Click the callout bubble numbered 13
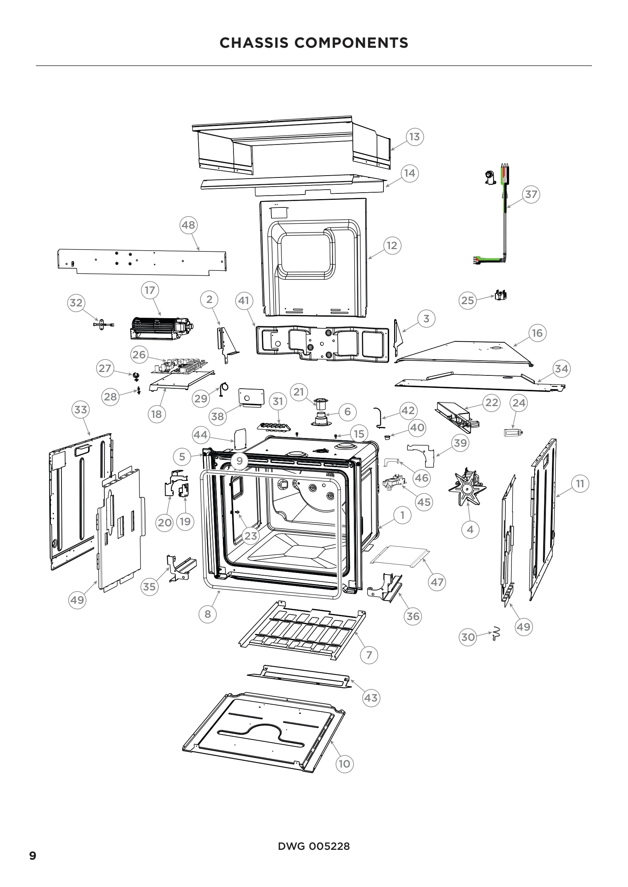pyautogui.click(x=414, y=137)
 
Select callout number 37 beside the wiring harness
pyautogui.click(x=531, y=194)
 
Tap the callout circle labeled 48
pyautogui.click(x=188, y=225)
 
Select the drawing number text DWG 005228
pyautogui.click(x=314, y=846)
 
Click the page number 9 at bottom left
pyautogui.click(x=33, y=856)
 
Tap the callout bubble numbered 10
pyautogui.click(x=344, y=764)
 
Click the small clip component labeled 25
pyautogui.click(x=500, y=296)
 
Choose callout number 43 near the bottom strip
pyautogui.click(x=371, y=698)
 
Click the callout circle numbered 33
pyautogui.click(x=80, y=410)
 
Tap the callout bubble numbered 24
pyautogui.click(x=519, y=403)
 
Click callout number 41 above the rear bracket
pyautogui.click(x=244, y=301)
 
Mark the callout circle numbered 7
pyautogui.click(x=369, y=655)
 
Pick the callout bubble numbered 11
pyautogui.click(x=580, y=484)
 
